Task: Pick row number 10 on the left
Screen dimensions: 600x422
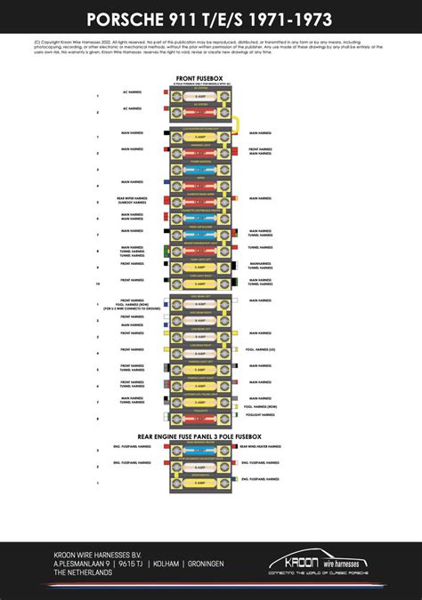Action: pyautogui.click(x=97, y=282)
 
